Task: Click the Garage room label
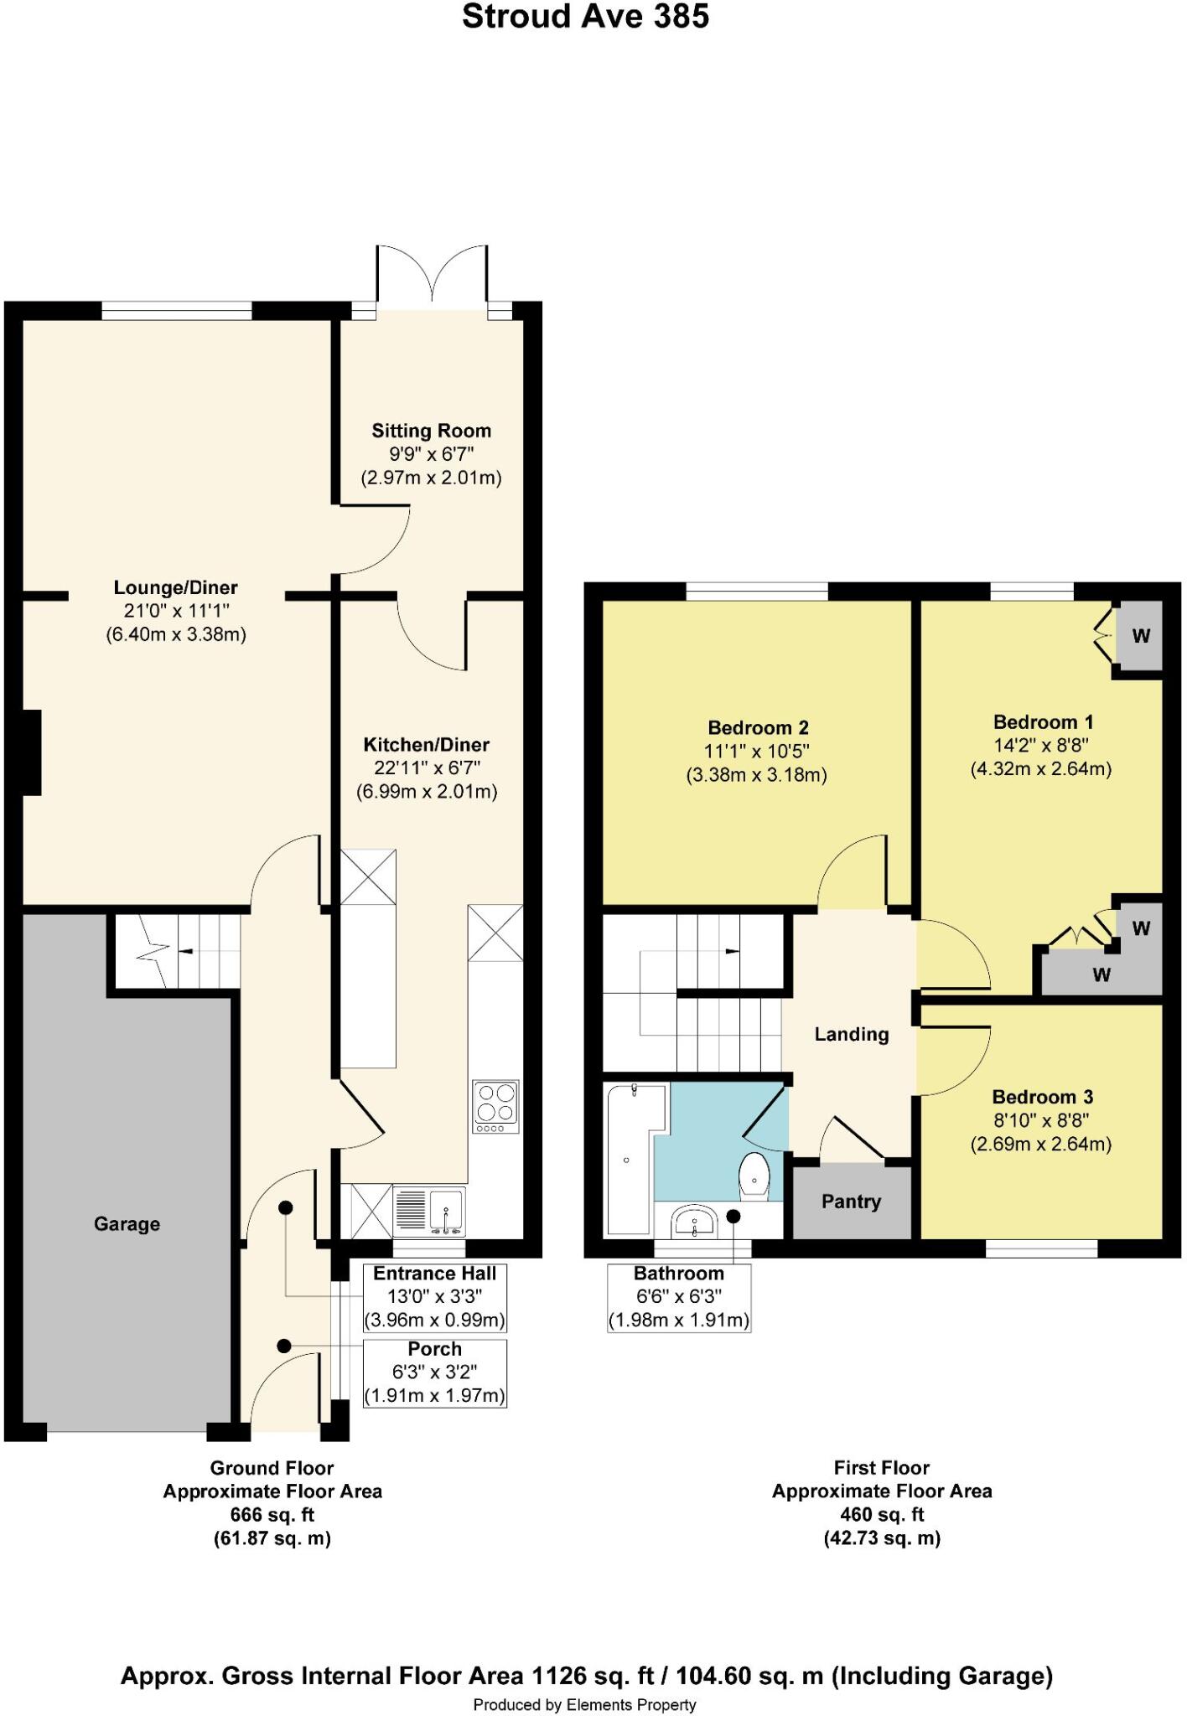pos(127,1224)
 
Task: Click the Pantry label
pos(851,1202)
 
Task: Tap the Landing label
pos(851,1034)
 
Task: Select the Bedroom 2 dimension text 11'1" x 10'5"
pos(756,752)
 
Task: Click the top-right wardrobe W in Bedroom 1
pos(1141,636)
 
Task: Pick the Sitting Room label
pos(431,431)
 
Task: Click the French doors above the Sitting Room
pos(433,277)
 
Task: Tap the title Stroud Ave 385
pos(585,17)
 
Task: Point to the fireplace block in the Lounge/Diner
pos(31,752)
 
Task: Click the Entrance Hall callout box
pos(434,1297)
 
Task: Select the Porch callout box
pos(434,1372)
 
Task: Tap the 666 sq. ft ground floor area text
pos(272,1515)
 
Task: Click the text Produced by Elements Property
pos(584,1704)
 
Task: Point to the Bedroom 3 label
pos(1042,1097)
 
